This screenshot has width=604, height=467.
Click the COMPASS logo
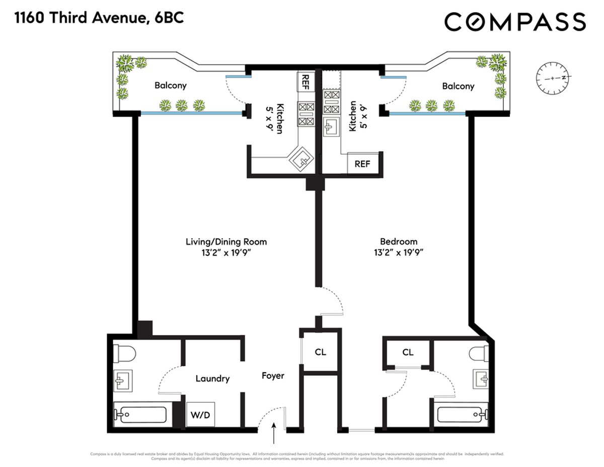point(515,22)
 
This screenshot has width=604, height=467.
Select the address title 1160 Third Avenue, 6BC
point(99,19)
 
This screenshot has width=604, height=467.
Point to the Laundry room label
point(212,378)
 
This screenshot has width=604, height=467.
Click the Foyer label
point(273,376)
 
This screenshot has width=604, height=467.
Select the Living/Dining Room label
point(226,242)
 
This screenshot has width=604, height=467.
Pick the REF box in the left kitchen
point(305,81)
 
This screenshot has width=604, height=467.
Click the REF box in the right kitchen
point(362,164)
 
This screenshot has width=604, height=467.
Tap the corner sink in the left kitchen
point(303,161)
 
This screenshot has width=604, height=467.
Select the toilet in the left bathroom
point(123,353)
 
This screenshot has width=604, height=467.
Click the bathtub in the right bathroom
point(462,415)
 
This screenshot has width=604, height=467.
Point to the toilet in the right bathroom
point(479,353)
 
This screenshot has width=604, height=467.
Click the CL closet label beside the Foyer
point(320,352)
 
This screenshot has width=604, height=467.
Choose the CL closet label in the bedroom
point(408,352)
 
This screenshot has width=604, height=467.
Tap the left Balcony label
point(170,86)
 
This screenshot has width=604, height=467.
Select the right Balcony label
point(458,86)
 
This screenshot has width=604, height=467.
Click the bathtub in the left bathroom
point(140,415)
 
